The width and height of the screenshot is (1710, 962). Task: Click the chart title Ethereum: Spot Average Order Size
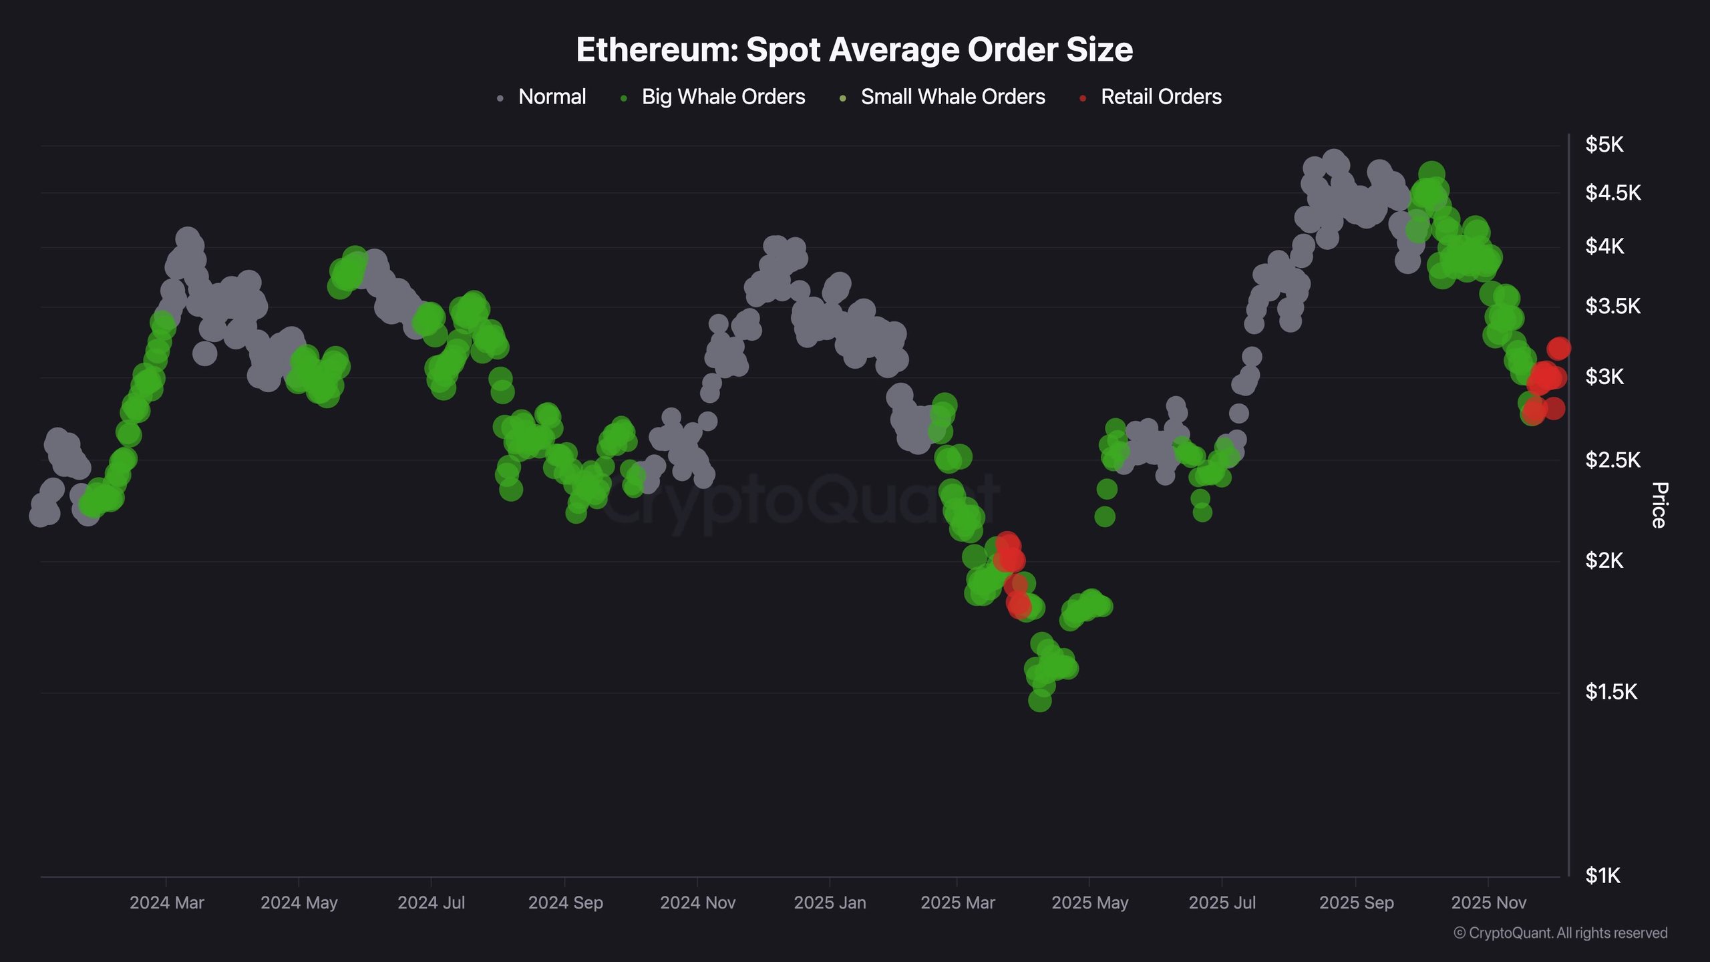(854, 50)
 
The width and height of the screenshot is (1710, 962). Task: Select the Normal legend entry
(552, 97)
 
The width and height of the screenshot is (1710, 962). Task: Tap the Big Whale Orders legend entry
(723, 97)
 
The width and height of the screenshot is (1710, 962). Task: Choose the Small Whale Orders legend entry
(953, 97)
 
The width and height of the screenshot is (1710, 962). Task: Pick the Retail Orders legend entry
(1161, 97)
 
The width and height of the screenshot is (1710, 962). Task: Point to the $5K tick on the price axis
(1604, 144)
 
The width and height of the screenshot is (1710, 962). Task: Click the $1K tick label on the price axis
(1603, 876)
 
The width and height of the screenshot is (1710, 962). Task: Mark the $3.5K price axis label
(1612, 307)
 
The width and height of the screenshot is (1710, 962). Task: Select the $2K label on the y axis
(1604, 560)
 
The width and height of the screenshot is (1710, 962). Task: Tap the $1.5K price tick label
(1611, 692)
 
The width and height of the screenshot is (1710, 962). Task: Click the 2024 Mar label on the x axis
(167, 903)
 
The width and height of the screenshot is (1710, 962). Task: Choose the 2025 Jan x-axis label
(830, 903)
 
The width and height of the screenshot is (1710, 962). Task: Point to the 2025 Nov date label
(1489, 903)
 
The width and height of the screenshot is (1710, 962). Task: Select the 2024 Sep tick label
(565, 903)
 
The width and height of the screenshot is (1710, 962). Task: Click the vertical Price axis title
(1660, 505)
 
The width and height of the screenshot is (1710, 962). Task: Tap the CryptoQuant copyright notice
(1560, 933)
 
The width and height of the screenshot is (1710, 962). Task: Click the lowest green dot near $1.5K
(1039, 701)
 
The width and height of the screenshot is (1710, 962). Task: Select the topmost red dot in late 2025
(1559, 348)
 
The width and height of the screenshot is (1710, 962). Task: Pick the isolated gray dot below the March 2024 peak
(204, 353)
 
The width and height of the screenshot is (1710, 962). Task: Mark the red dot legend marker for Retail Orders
(1083, 99)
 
